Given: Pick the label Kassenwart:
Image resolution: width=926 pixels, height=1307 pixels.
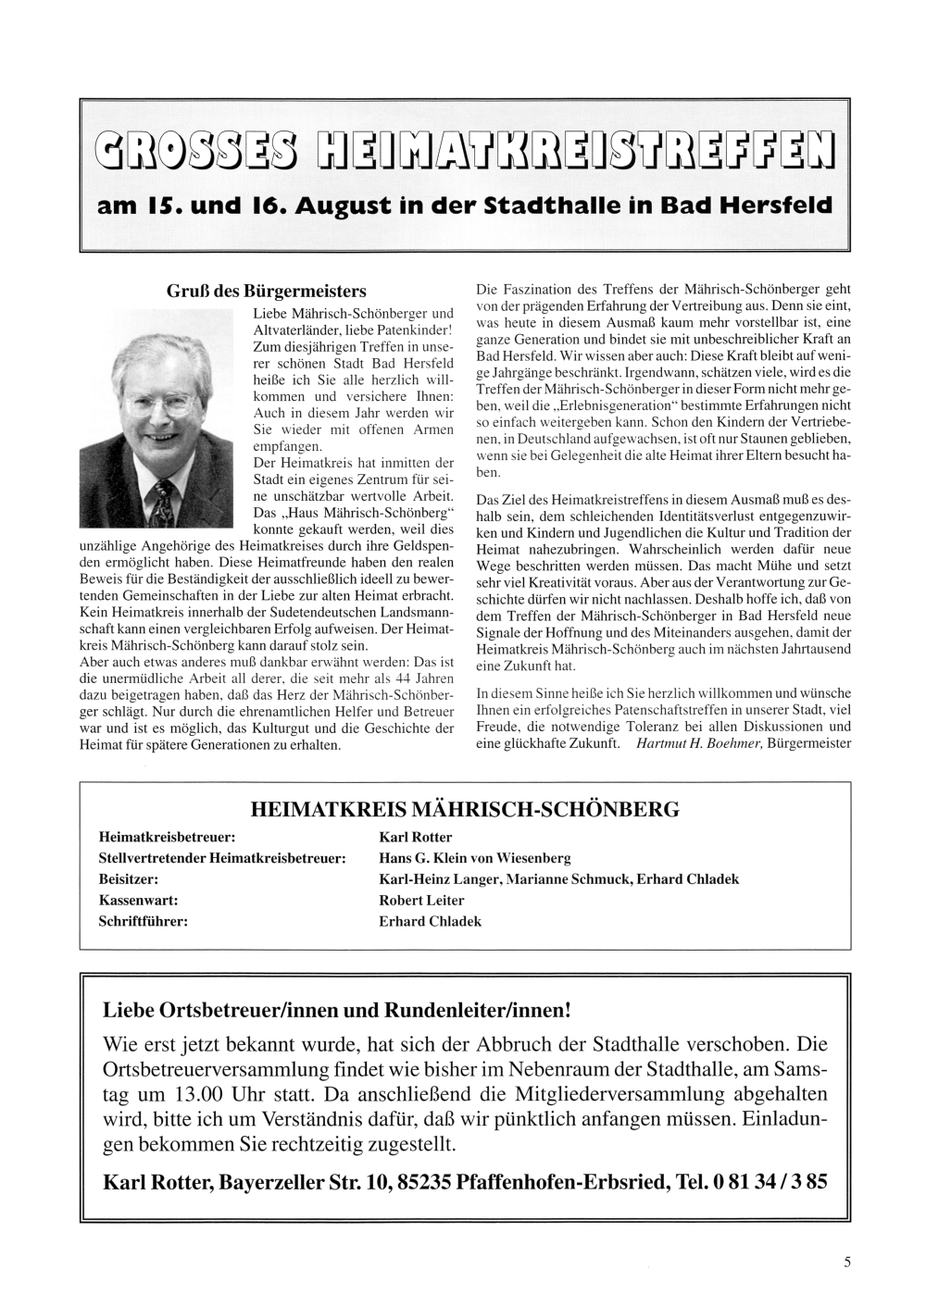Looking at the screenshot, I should [138, 900].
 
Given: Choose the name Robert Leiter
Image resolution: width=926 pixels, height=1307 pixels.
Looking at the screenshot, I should [421, 900].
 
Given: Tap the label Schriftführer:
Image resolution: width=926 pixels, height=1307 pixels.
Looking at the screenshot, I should [144, 921].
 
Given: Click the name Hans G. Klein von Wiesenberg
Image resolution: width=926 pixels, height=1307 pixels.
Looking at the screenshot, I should [475, 858].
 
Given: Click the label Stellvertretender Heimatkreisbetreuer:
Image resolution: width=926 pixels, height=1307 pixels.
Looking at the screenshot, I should [222, 858].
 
